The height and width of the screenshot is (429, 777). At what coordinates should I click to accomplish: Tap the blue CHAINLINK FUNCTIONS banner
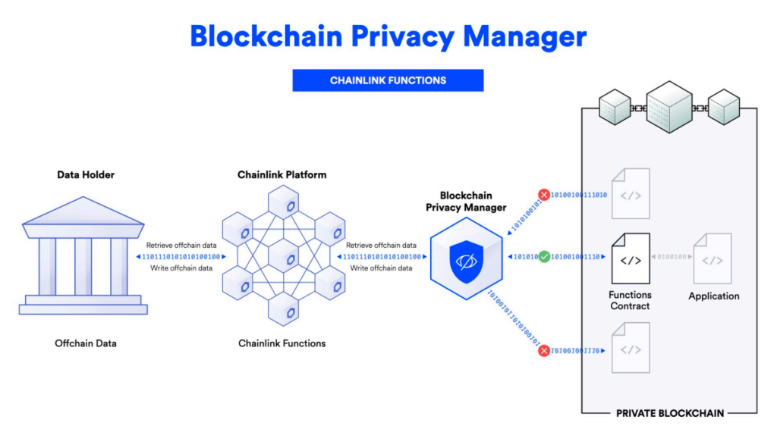(x=388, y=80)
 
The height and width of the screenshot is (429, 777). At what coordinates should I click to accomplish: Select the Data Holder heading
(x=85, y=175)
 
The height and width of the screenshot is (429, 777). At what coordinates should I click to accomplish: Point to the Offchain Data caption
(x=86, y=343)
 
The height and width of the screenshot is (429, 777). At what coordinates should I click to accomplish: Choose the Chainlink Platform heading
(x=282, y=175)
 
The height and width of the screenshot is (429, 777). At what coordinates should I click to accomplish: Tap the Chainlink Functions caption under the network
(x=282, y=343)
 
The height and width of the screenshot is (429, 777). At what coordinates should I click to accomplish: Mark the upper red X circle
(x=544, y=195)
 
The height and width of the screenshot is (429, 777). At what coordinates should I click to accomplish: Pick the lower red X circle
(x=544, y=350)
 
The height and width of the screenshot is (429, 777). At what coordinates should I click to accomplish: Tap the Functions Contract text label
(x=630, y=300)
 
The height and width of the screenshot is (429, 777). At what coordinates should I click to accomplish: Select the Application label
(x=713, y=296)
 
